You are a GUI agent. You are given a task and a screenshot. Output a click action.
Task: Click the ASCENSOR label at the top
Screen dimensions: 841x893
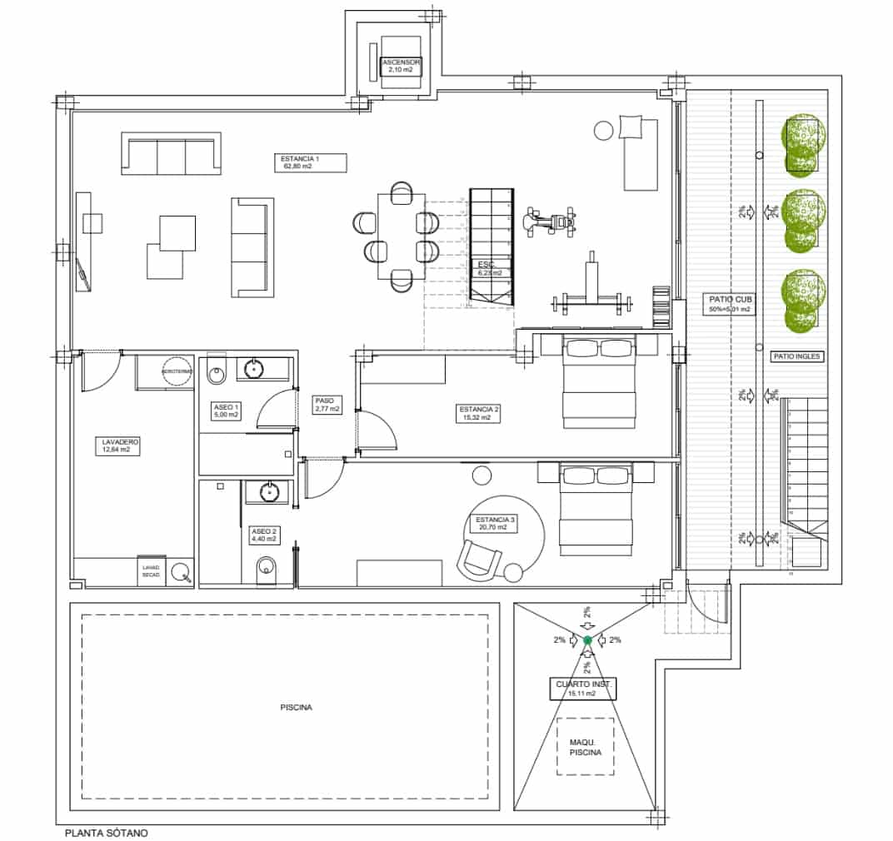tap(402, 67)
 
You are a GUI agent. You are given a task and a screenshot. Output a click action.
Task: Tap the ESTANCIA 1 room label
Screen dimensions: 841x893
tap(300, 162)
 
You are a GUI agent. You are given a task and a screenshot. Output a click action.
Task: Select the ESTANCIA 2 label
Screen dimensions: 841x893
tap(479, 413)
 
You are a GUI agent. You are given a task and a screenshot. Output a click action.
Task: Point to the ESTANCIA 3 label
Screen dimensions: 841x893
tap(496, 523)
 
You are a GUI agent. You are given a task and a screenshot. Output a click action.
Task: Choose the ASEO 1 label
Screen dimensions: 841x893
tap(226, 410)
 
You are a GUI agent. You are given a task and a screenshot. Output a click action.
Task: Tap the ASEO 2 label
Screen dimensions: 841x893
tap(263, 535)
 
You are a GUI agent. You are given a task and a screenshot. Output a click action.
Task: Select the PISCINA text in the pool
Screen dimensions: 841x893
tap(296, 708)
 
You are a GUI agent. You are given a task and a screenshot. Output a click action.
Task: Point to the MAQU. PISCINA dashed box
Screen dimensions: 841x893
tap(586, 746)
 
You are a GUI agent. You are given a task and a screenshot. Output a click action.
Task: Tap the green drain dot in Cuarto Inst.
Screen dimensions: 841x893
tap(587, 640)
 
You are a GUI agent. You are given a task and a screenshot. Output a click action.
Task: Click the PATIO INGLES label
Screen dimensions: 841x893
tap(797, 356)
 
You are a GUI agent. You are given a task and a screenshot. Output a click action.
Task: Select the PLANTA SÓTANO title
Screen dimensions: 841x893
tap(107, 831)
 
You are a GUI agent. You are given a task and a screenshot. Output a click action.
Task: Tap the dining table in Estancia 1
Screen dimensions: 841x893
tap(401, 236)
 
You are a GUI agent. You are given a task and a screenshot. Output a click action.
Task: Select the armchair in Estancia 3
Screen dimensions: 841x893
tap(480, 557)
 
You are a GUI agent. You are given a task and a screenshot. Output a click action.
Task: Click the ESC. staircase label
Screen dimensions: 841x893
tap(489, 268)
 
